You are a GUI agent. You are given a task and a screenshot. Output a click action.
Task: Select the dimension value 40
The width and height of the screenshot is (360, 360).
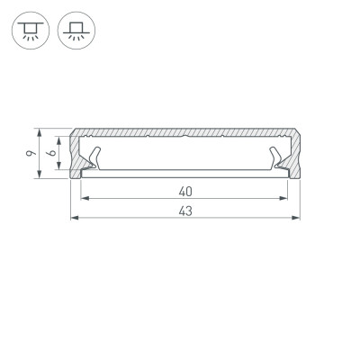coord(185,190)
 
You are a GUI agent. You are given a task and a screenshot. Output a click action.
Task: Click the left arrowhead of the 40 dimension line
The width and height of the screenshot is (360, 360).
coord(85,198)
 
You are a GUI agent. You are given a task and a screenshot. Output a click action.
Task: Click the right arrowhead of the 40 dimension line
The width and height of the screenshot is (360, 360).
coord(287,198)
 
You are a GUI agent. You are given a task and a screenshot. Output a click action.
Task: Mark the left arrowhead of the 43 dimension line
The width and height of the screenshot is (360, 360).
coord(74,219)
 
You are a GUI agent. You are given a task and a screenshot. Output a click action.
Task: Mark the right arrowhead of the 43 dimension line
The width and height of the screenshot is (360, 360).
coord(297,219)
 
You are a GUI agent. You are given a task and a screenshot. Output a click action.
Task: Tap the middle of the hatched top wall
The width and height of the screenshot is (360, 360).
coord(185,132)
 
